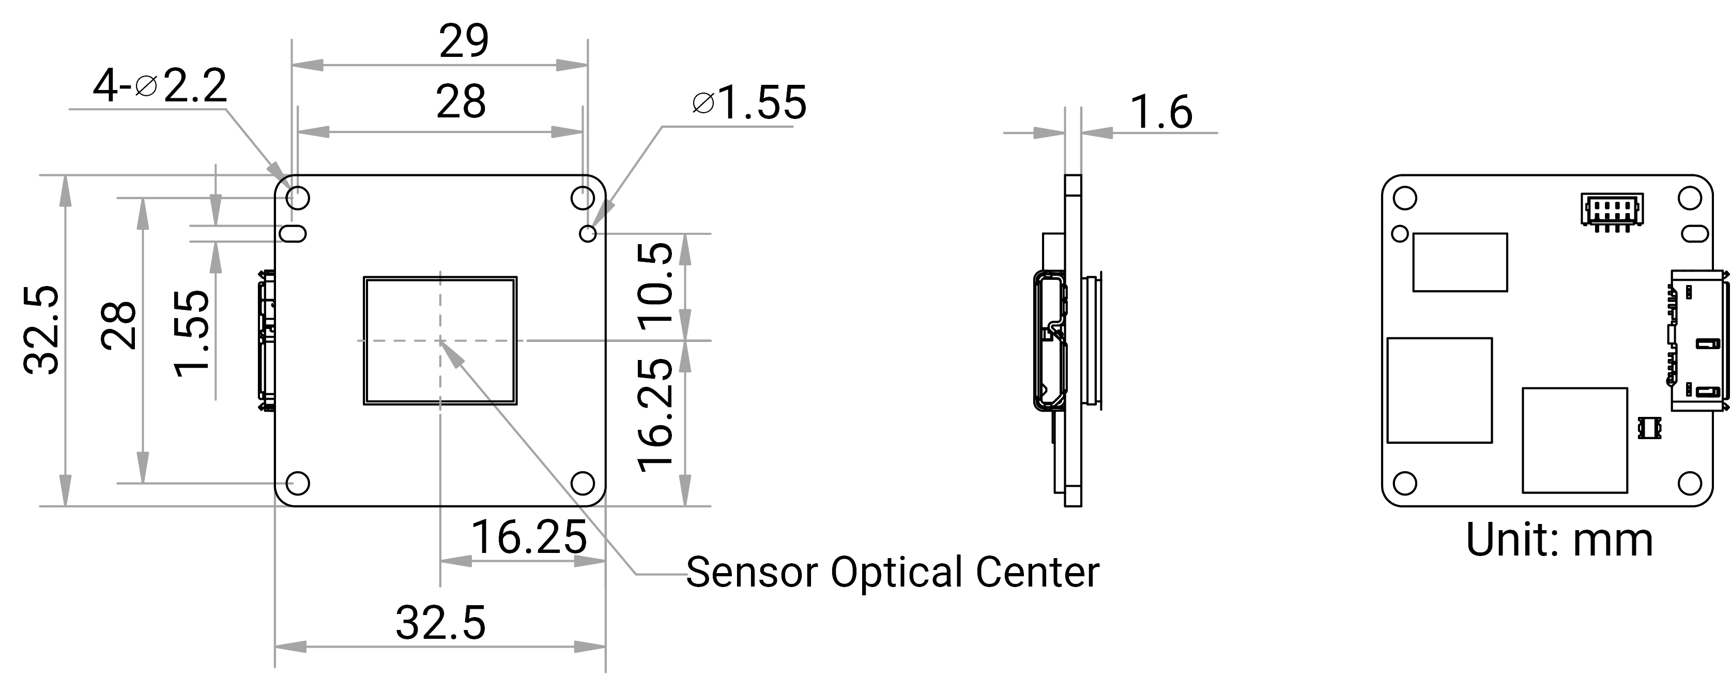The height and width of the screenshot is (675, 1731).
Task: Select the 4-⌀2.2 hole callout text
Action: pyautogui.click(x=159, y=86)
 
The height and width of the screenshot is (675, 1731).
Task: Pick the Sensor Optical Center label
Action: pyautogui.click(x=893, y=572)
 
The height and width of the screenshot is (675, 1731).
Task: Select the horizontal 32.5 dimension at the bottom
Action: pyautogui.click(x=440, y=623)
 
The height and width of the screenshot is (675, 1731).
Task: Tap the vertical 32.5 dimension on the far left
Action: pyautogui.click(x=42, y=329)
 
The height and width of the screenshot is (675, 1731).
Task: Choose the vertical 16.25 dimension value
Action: pyautogui.click(x=655, y=415)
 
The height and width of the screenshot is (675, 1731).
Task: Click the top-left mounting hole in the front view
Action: pyautogui.click(x=298, y=198)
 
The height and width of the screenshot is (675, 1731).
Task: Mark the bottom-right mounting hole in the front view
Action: pyautogui.click(x=583, y=484)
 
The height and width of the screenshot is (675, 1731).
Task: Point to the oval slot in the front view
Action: pyautogui.click(x=293, y=233)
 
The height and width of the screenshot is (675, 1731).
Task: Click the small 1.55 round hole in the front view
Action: pyautogui.click(x=588, y=233)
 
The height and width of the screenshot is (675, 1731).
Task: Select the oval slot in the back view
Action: pyautogui.click(x=1694, y=233)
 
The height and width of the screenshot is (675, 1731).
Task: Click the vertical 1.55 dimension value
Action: pyautogui.click(x=192, y=333)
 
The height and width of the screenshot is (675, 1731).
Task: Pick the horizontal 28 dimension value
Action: pyautogui.click(x=461, y=103)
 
